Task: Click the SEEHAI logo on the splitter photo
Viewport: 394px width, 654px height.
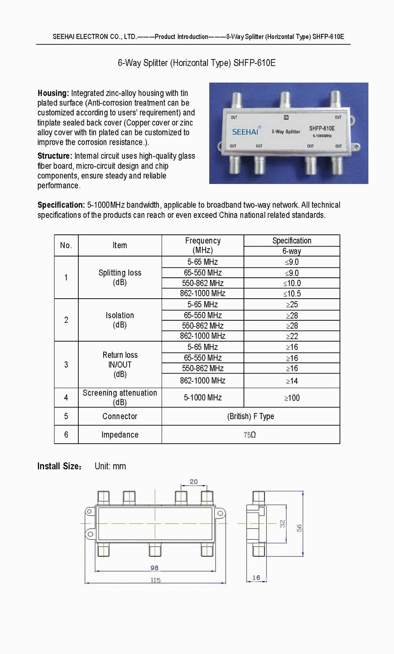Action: (245, 132)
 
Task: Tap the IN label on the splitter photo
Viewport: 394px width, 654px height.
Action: (286, 117)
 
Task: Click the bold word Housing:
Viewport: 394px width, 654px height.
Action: (53, 93)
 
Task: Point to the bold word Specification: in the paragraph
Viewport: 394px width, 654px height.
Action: (61, 205)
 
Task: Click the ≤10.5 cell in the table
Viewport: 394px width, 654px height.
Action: (292, 294)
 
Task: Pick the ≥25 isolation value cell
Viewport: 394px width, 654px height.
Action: (292, 305)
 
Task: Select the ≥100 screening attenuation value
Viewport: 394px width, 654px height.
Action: (292, 398)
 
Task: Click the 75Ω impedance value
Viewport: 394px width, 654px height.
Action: (250, 435)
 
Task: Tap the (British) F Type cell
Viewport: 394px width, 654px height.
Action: (251, 416)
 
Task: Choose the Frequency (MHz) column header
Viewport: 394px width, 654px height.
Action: (203, 245)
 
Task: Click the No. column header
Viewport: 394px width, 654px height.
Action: (66, 245)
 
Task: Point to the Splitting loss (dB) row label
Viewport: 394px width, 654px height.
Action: (120, 277)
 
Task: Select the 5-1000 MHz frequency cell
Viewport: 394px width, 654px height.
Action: (203, 398)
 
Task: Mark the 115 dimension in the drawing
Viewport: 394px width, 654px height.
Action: (155, 580)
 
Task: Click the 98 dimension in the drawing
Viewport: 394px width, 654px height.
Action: (154, 568)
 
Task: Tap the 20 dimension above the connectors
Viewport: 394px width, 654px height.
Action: (194, 482)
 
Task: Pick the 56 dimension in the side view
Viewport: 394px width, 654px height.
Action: (299, 528)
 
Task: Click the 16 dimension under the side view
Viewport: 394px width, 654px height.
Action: (256, 578)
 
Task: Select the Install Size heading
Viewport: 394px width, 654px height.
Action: (59, 466)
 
